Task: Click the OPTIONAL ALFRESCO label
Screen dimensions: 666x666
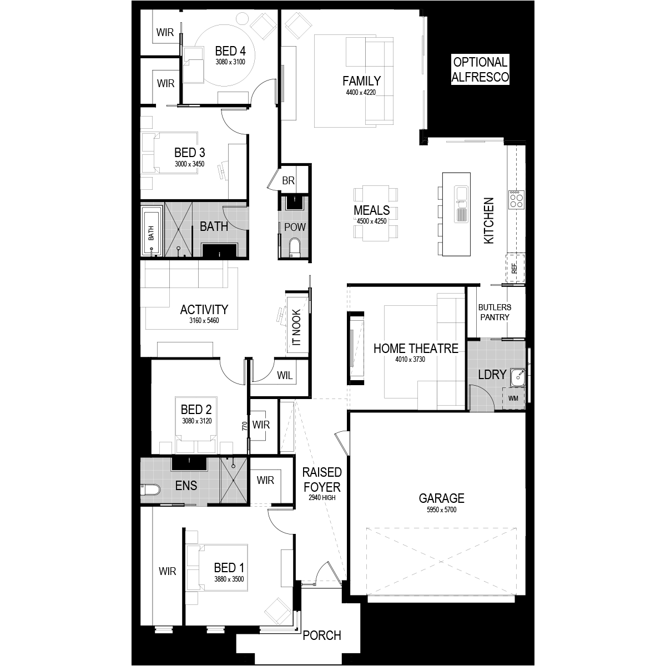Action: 480,69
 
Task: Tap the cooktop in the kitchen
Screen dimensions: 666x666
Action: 516,200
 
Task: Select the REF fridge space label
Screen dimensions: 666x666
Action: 514,269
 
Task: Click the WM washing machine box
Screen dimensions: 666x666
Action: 513,398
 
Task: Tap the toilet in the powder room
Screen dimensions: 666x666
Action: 295,248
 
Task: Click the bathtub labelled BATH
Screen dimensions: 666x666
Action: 152,231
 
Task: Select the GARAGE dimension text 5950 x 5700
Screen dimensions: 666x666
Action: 441,510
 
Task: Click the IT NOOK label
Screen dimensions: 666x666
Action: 296,327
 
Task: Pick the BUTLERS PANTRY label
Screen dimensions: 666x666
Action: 495,312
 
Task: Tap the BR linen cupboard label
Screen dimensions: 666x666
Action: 288,180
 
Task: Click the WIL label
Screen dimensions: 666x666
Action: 285,375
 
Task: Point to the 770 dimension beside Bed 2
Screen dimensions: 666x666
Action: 245,426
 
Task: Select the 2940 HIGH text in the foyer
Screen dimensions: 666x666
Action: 322,498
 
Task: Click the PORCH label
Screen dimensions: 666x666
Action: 322,635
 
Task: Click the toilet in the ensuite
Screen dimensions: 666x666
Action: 150,490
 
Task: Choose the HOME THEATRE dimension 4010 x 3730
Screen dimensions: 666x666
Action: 410,360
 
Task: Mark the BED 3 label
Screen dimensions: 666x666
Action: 189,153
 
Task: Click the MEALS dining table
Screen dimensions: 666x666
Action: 375,214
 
